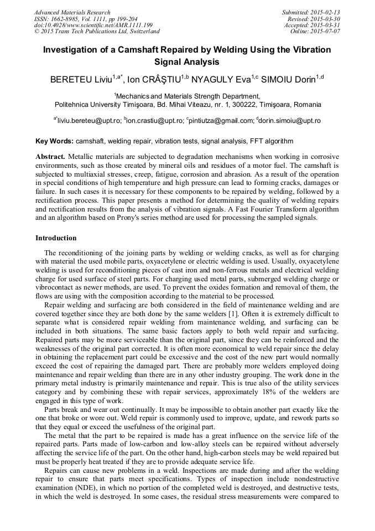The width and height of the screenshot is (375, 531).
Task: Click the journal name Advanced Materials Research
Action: coord(72,12)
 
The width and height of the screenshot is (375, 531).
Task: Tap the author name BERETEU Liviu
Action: coord(81,80)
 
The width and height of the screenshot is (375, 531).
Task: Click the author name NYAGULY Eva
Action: coord(220,80)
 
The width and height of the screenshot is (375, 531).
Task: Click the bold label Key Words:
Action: coord(54,141)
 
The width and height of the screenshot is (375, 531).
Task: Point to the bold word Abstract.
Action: coord(51,157)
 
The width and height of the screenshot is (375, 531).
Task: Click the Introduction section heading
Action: coord(56,238)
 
